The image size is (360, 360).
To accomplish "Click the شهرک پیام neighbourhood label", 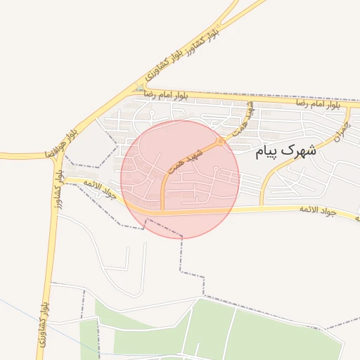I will (286, 150).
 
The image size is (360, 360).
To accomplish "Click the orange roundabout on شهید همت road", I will (221, 141).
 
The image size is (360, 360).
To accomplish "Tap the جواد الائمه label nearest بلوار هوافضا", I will (98, 191).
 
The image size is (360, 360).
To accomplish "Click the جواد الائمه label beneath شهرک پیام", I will (319, 210).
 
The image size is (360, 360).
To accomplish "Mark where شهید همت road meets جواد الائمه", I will (163, 210).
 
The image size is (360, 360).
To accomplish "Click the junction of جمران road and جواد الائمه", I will (262, 207).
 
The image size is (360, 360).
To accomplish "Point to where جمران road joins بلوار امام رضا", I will (349, 105).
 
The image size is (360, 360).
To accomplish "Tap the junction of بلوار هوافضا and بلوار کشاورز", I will (58, 154).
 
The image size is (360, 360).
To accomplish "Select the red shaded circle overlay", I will (180, 179).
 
